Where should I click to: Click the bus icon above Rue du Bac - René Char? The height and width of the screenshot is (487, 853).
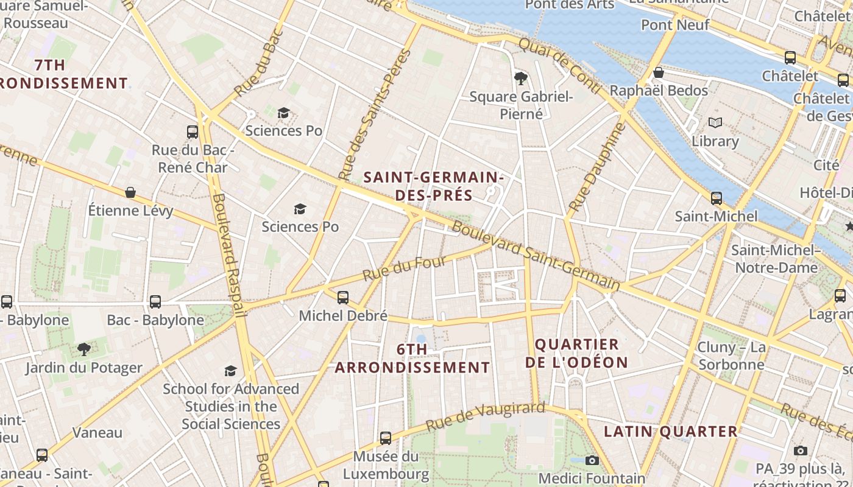(193, 131)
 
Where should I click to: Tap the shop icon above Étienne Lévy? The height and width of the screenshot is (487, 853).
(130, 192)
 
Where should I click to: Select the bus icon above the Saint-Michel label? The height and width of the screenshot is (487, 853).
(717, 198)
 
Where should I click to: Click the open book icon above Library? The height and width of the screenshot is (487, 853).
(715, 123)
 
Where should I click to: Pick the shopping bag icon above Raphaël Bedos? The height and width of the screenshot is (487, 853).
(658, 73)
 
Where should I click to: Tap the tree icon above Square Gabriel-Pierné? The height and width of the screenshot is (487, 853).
(521, 78)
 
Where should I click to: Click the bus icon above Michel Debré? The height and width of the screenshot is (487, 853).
(343, 297)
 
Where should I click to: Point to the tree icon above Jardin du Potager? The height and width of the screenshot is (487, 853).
(83, 349)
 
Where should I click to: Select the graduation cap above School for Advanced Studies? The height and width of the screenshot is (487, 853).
(230, 371)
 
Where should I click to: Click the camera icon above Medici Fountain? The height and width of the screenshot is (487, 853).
(592, 460)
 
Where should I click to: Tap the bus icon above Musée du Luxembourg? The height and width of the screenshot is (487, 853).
(385, 438)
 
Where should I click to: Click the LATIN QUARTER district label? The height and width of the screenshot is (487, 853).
(671, 432)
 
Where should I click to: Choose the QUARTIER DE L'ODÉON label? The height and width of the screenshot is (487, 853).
(576, 354)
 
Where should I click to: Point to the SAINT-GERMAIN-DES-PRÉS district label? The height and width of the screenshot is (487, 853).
(433, 186)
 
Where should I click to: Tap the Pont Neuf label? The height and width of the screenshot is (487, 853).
(675, 25)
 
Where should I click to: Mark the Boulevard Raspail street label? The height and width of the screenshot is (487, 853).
(230, 256)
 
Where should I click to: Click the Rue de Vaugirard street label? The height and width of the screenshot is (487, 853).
(485, 416)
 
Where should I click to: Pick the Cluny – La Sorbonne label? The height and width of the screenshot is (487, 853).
(731, 356)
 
